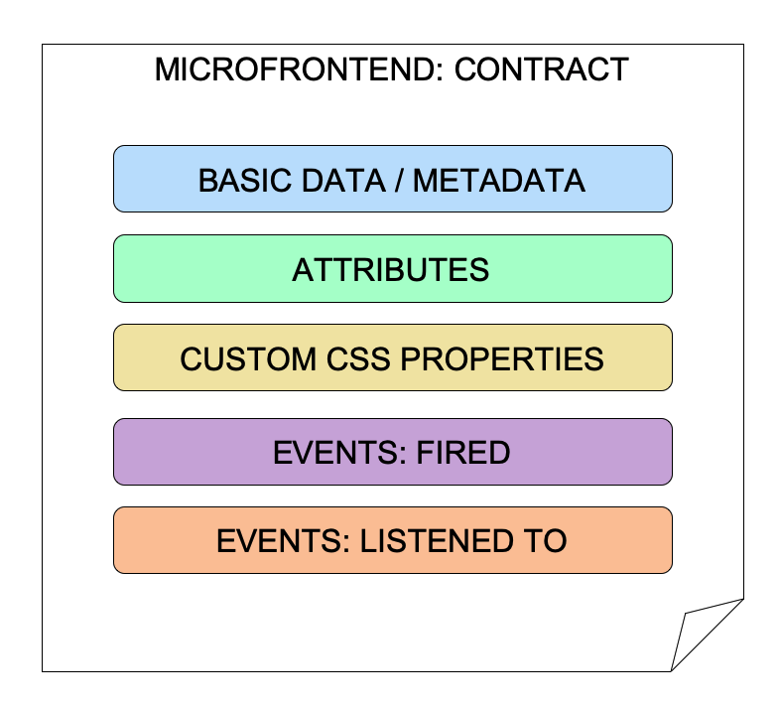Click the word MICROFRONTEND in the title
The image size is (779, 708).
296,70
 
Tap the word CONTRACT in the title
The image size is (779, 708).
542,70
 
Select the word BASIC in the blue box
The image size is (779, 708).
245,180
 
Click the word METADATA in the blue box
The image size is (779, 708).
499,180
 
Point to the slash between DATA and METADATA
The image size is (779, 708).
399,180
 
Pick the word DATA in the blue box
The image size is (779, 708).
343,180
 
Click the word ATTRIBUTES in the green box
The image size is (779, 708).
391,270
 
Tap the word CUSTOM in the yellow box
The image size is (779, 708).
248,359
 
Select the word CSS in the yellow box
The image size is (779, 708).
357,359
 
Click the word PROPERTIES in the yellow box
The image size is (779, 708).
502,359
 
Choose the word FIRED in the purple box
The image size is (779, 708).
463,453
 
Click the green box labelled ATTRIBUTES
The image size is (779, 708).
393,268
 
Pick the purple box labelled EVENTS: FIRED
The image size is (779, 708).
393,452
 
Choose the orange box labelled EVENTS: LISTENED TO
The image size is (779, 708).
393,540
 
